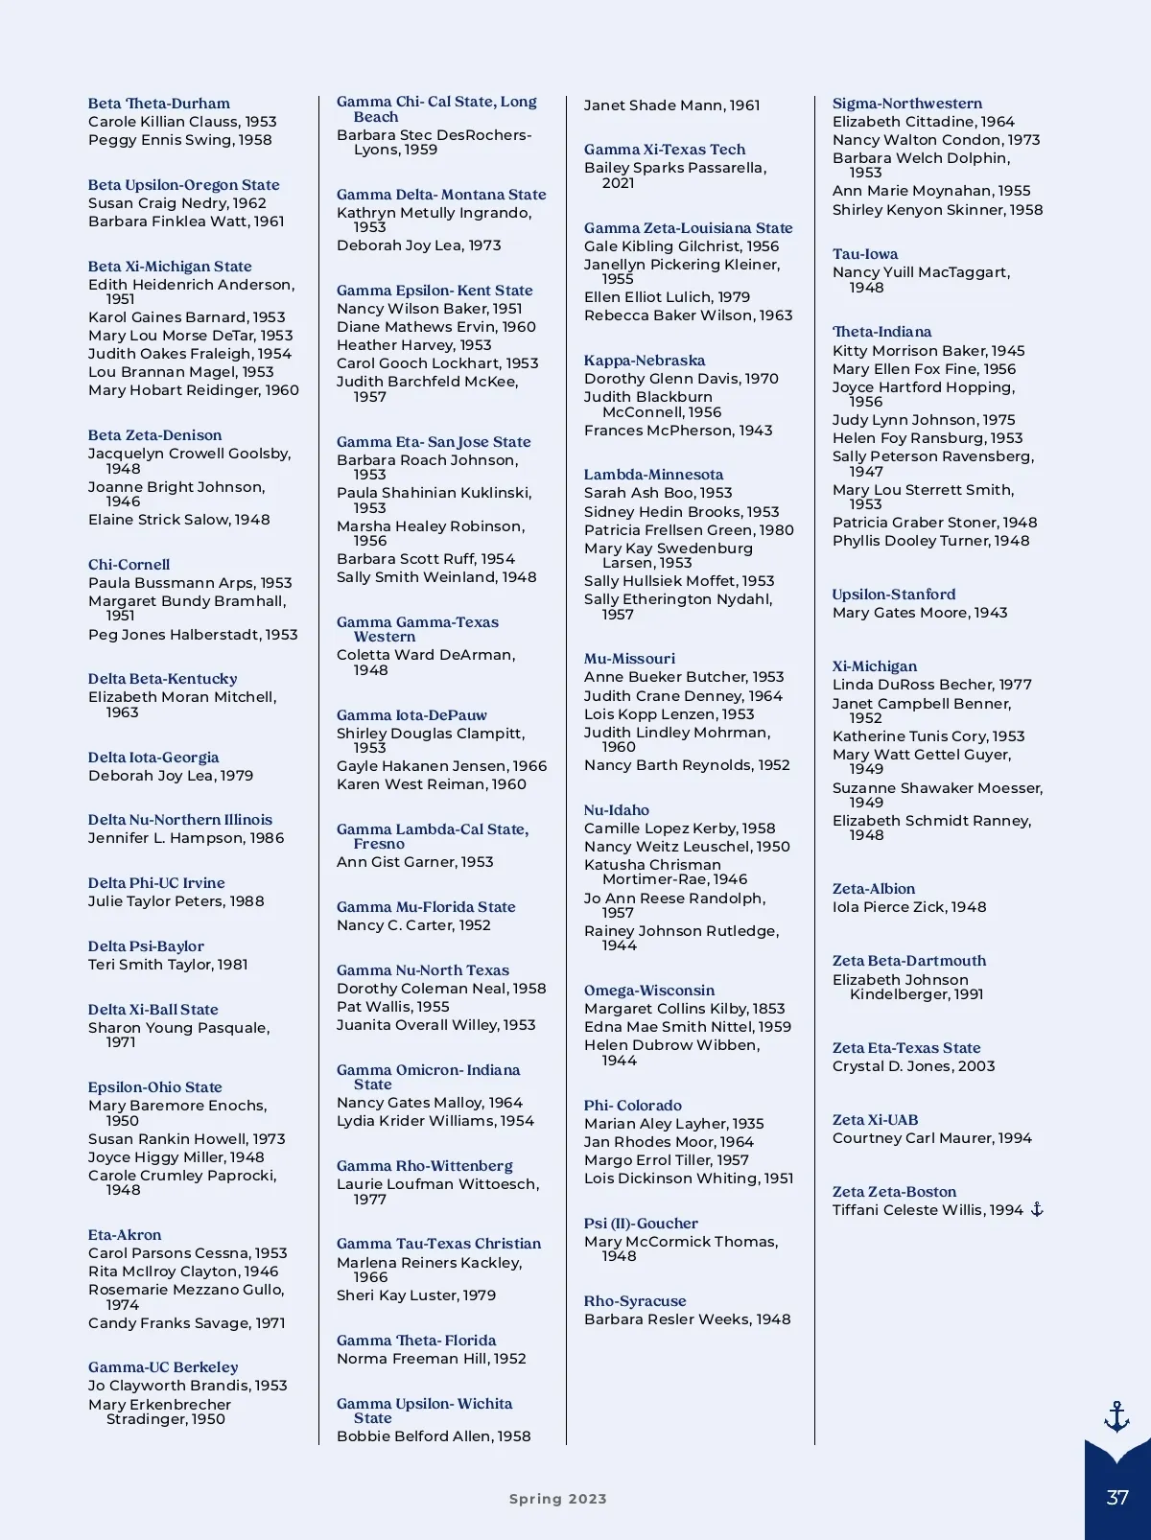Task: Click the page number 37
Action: pos(1117,1498)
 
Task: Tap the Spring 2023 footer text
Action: pos(557,1499)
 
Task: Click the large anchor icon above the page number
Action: pos(1116,1416)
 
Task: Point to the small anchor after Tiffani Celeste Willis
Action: pos(1037,1210)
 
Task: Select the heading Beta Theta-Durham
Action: pos(159,104)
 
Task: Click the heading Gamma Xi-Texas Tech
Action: pos(664,150)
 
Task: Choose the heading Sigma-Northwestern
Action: pos(906,104)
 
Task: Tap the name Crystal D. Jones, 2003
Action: pos(913,1066)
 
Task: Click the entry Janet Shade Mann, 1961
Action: pos(671,105)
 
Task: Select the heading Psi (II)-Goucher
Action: pos(641,1224)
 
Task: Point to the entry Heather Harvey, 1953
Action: pos(413,345)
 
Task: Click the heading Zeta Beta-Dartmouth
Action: pos(908,961)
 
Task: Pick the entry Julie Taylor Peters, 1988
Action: pos(176,901)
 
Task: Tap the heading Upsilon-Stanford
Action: pos(893,595)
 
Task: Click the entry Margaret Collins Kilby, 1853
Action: pos(684,1009)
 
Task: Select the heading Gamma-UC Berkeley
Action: pos(163,1367)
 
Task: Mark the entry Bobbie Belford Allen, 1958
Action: pos(434,1436)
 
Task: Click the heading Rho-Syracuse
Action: pos(635,1301)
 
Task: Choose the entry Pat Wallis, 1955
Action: pos(392,1007)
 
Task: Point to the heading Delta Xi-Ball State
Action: pos(153,1010)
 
